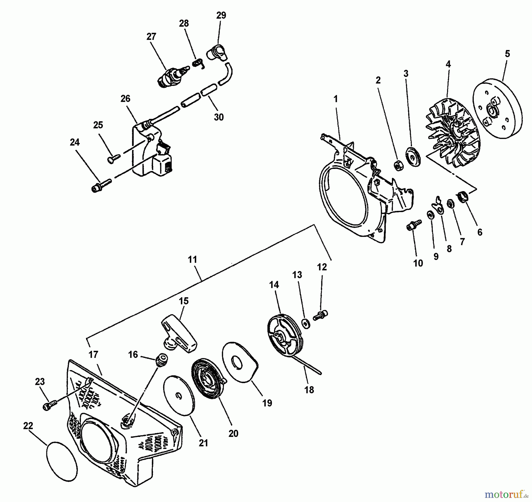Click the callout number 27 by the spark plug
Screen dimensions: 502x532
151,37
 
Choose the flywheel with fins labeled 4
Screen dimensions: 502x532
452,133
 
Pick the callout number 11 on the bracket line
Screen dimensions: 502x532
192,260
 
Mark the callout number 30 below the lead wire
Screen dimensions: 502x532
218,117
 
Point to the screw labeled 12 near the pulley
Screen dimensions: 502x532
321,314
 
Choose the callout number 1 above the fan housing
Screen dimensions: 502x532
335,99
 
